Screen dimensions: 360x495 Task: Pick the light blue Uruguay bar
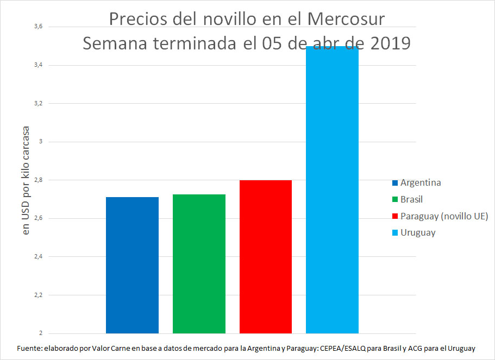pyautogui.click(x=332, y=190)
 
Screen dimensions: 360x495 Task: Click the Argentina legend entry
pyautogui.click(x=420, y=182)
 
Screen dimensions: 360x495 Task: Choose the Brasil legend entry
pyautogui.click(x=411, y=199)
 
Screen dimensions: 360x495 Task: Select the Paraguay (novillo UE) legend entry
pyautogui.click(x=444, y=216)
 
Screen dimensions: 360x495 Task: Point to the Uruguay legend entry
pyautogui.click(x=417, y=232)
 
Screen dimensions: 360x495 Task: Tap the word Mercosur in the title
pyautogui.click(x=346, y=19)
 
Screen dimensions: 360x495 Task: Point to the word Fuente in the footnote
pyautogui.click(x=30, y=348)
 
